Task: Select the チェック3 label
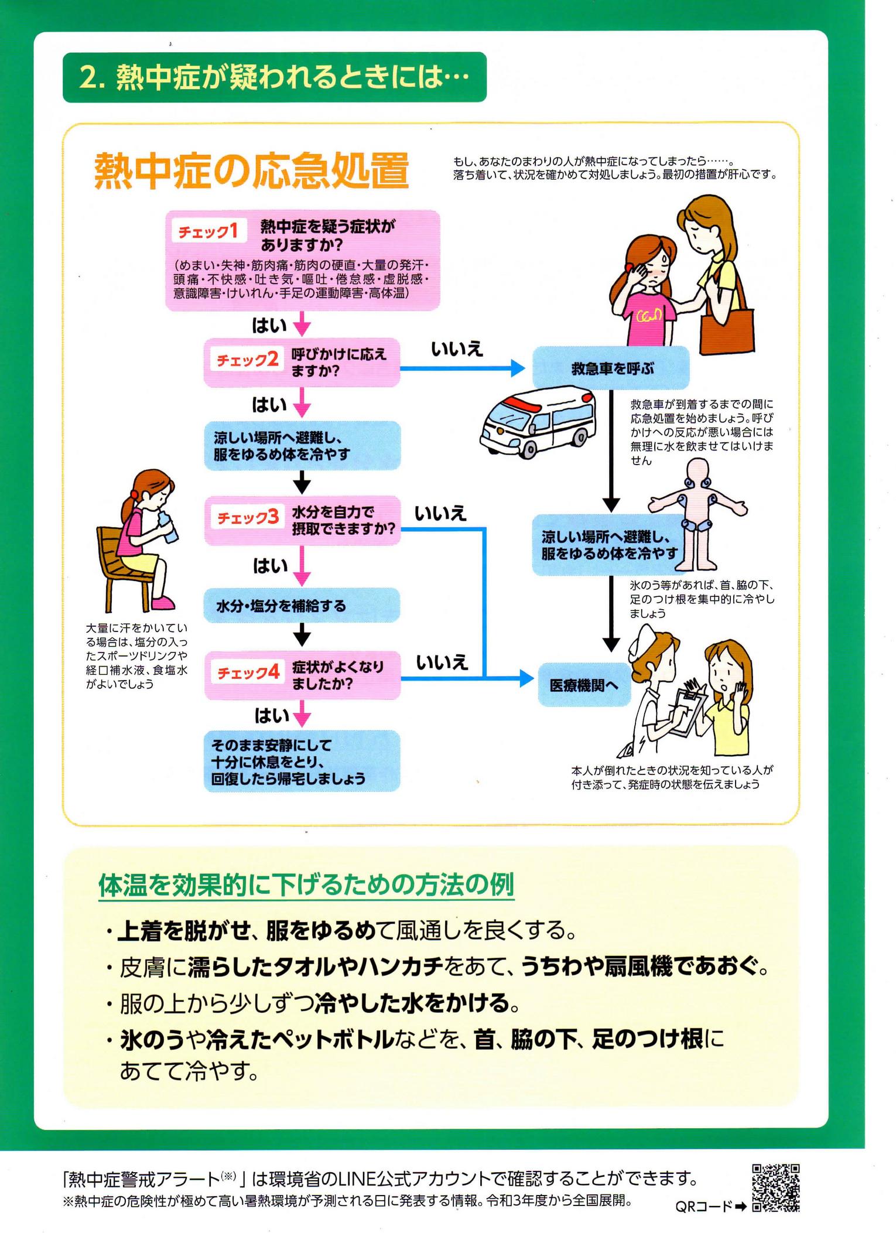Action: (248, 517)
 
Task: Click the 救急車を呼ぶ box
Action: (611, 368)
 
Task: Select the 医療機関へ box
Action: (584, 685)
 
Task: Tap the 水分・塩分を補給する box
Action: (302, 605)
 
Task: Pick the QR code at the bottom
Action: (776, 1187)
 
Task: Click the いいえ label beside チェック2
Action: (457, 350)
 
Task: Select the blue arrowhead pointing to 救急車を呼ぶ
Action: (518, 368)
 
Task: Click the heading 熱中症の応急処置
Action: (251, 171)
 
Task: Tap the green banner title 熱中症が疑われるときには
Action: (274, 77)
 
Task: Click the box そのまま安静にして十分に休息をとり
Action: (302, 761)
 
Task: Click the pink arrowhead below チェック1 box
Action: (302, 327)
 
